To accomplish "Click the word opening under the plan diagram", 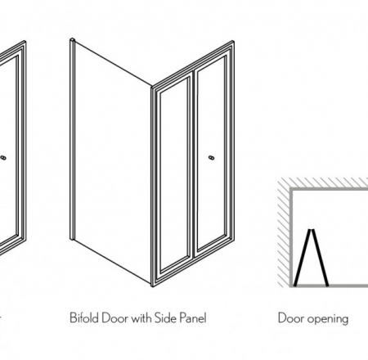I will pos(327,318).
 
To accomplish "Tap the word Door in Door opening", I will pos(290,317).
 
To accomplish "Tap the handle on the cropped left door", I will pos(7,155).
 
